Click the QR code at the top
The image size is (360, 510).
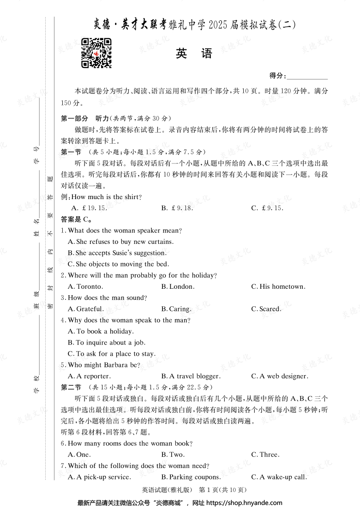coord(96,53)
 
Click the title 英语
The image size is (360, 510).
coord(193,54)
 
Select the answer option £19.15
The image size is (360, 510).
coord(87,208)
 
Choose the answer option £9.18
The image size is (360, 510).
coord(177,208)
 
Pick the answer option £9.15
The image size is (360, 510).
coord(267,208)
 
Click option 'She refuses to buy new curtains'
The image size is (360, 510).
coord(120,242)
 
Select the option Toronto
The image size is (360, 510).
coord(85,287)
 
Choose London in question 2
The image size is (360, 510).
coord(178,287)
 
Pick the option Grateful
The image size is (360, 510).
coord(85,309)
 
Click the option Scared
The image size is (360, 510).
coord(266,309)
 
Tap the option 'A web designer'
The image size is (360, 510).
coord(280,376)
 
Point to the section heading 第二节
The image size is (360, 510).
coord(71,388)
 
